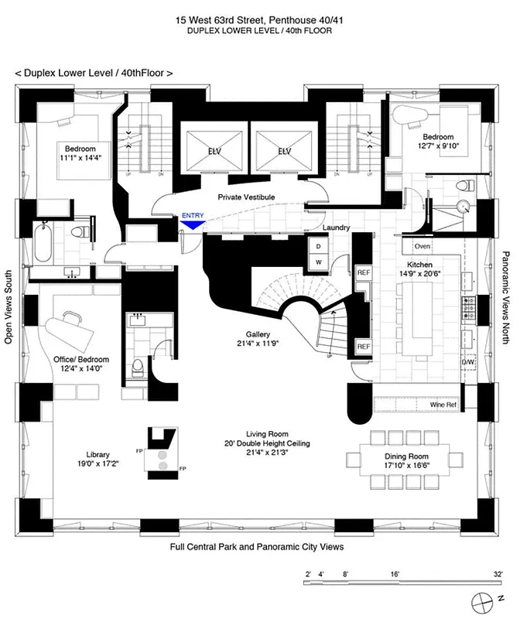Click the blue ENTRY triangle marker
pos(190,224)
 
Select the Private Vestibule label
pos(246,197)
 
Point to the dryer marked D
pos(318,247)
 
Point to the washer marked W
pos(318,263)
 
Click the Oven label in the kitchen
pos(422,246)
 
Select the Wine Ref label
pos(444,405)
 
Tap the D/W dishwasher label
pos(468,361)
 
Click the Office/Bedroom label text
pos(81,359)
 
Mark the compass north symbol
pos(485,601)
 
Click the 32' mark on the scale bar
pos(492,575)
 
